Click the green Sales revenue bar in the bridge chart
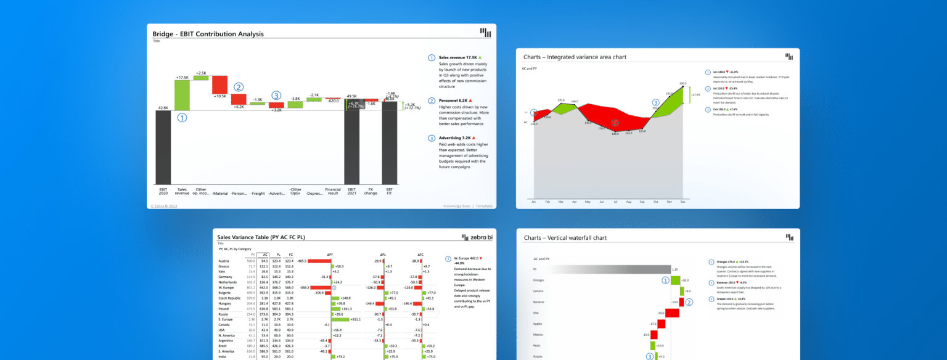click(x=182, y=96)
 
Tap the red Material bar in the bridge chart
click(x=219, y=84)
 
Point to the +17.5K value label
click(x=182, y=78)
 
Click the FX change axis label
click(x=371, y=192)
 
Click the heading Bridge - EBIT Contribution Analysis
click(x=208, y=34)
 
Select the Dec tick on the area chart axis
click(x=683, y=202)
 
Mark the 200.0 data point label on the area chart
click(x=683, y=83)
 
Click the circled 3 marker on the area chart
click(x=655, y=102)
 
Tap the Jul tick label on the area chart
click(x=615, y=202)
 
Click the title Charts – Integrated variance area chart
click(x=575, y=57)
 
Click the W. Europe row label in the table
click(x=226, y=287)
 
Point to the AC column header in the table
click(x=263, y=254)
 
